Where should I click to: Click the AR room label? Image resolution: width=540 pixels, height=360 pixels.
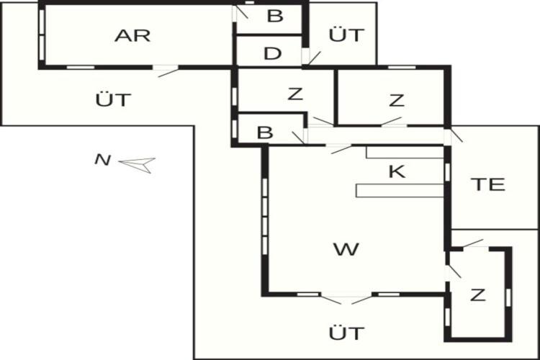point(132,36)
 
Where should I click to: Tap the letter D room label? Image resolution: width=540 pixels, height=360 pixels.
point(272,54)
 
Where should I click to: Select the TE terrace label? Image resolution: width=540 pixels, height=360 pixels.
point(489,184)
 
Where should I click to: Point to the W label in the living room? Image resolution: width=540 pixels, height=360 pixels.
point(346,249)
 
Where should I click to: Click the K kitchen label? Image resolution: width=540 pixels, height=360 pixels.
point(397,171)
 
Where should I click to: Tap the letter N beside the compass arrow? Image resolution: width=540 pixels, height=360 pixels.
point(103,160)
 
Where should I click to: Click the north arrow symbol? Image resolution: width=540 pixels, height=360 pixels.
point(137,165)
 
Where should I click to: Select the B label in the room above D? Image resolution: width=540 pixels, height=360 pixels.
point(275,16)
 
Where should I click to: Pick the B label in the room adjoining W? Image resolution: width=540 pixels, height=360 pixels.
point(265,132)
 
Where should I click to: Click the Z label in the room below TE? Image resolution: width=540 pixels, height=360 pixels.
point(477,295)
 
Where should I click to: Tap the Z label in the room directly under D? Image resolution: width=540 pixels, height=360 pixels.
point(295,94)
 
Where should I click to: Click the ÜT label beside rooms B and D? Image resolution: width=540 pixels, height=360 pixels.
point(346,34)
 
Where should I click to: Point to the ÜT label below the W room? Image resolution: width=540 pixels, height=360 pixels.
point(346,333)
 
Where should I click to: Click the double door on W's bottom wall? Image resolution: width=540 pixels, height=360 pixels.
point(346,298)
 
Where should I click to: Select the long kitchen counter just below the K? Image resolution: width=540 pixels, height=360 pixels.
point(400,191)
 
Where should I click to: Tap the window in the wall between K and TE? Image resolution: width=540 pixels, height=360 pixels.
point(447,172)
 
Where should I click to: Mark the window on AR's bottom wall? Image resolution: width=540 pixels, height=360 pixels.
point(80,67)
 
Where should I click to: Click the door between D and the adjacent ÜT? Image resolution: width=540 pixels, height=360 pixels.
point(310,57)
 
